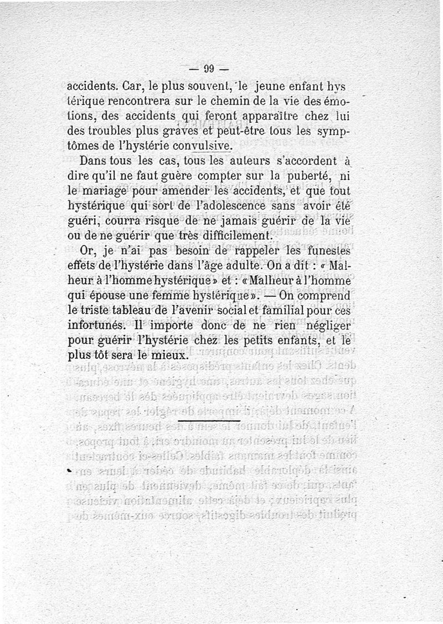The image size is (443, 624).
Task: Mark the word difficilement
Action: pos(233,236)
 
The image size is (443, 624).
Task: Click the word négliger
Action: pos(322,325)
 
